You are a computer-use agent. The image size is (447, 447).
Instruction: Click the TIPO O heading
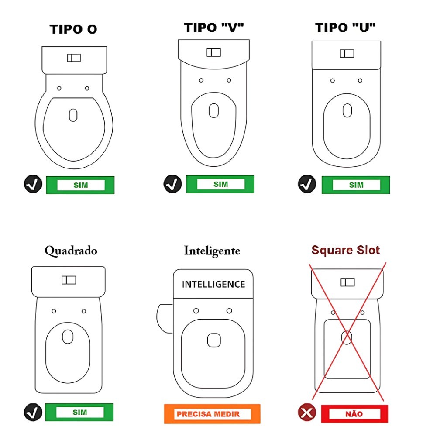coord(73,29)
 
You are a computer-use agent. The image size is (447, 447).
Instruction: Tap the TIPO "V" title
coord(214,28)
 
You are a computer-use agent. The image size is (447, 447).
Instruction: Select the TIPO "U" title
coord(345,28)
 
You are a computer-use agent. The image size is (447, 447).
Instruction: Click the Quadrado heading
coord(71,251)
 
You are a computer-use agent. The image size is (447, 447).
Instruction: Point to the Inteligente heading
coord(212,251)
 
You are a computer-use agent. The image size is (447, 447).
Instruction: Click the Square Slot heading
coord(346,250)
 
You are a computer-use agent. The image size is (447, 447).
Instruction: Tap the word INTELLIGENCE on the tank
coord(213,284)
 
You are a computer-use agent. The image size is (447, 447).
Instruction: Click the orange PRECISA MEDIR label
coord(212,414)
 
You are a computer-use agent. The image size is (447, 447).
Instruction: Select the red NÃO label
coord(354,414)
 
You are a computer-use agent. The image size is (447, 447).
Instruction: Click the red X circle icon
coord(307,412)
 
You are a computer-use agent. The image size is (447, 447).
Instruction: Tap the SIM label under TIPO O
coord(80,185)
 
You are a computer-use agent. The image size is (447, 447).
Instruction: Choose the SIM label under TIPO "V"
coord(220,184)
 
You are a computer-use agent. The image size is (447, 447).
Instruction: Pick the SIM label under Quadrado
coord(79,412)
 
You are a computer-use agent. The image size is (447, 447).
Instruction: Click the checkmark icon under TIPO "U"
coord(307,184)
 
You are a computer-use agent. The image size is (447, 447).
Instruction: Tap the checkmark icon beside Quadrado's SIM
coord(33,412)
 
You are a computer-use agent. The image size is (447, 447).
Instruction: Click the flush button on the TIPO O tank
coord(74,58)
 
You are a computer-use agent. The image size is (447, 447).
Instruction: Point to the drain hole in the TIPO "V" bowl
coord(214,110)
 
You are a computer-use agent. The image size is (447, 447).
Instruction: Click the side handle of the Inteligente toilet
coord(165,318)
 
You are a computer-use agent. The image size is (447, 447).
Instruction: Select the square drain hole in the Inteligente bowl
coord(214,340)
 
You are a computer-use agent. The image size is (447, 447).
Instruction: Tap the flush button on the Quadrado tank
coord(69,280)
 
